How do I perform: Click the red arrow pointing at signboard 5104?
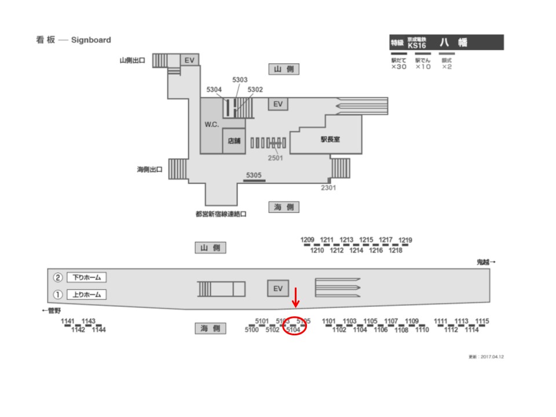point(295,298)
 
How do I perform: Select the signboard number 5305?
point(254,175)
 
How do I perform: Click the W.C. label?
point(211,125)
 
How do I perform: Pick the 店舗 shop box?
point(234,141)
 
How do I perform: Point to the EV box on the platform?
point(277,288)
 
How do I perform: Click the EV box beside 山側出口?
point(189,60)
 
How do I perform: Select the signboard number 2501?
point(275,158)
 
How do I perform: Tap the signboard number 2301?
point(329,188)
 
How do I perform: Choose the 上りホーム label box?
point(87,294)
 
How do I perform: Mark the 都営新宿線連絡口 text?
point(221,214)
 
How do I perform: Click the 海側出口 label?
point(149,170)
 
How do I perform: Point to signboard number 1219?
point(405,240)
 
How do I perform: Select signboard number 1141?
point(68,321)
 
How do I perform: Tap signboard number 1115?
point(482,321)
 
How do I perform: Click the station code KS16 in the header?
point(417,45)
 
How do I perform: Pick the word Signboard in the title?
point(91,40)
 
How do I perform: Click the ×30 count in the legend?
point(399,67)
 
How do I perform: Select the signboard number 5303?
point(240,80)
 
